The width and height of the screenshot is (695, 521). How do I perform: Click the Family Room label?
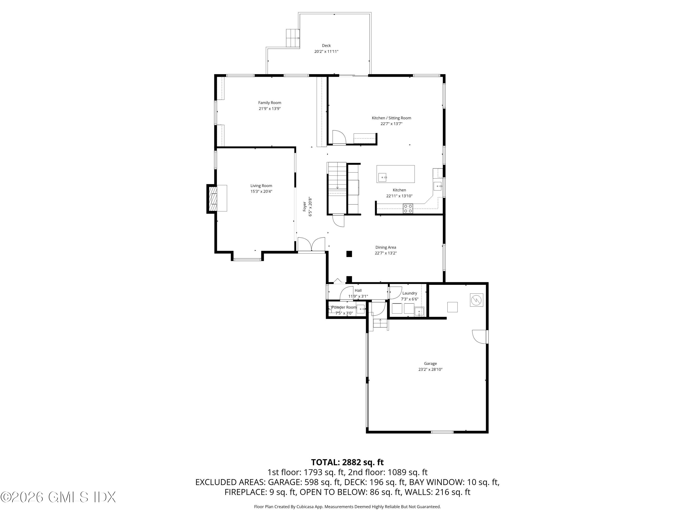(270, 103)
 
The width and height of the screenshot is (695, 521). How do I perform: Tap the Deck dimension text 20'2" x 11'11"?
(326, 51)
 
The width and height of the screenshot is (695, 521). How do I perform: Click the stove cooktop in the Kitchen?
(408, 209)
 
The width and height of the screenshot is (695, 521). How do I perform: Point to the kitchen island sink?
(382, 177)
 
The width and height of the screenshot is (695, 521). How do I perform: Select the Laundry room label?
(409, 293)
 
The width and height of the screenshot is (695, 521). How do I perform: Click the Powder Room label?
(344, 307)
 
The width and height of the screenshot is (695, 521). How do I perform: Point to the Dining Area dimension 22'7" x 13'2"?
(385, 253)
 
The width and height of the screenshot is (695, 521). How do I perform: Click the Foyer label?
(304, 206)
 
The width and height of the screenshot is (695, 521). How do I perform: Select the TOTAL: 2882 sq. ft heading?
(347, 462)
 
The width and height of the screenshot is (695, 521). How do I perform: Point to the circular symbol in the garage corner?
(476, 300)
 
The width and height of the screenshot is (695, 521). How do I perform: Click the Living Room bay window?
(247, 259)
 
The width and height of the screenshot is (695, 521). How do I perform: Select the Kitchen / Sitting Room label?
(391, 118)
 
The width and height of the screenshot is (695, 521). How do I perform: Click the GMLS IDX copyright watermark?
(58, 497)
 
